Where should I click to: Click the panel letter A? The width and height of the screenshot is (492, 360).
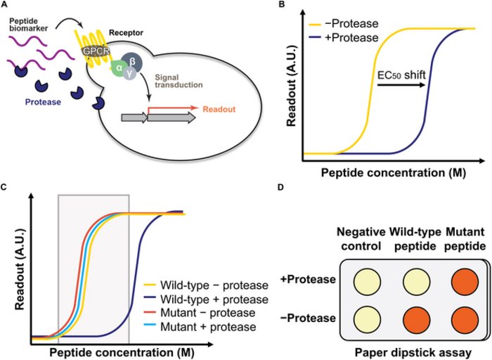6,6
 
